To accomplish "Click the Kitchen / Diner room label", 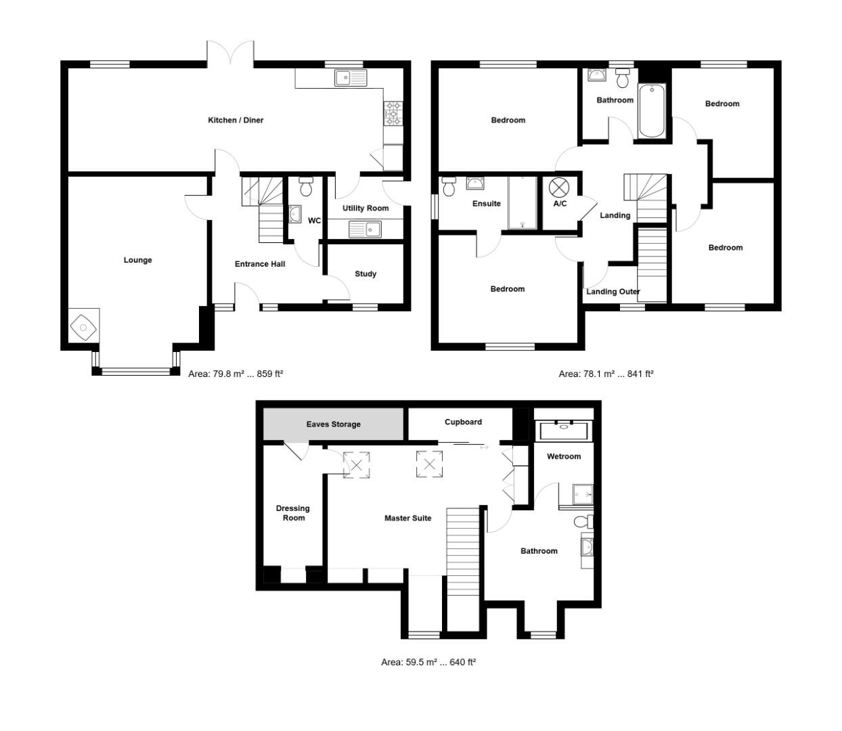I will coord(236,120).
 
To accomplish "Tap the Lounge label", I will coord(137,261).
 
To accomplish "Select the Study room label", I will coord(365,274).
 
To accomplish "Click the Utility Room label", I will coord(365,208).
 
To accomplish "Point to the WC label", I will coord(315,221).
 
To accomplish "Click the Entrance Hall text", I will coord(260,264).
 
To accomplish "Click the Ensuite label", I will coord(487,204).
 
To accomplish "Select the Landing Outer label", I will coord(613,292).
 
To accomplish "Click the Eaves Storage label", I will coord(334,424).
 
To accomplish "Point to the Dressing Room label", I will coord(293,513).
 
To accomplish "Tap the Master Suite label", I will coord(407,518).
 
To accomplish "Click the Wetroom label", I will coord(564,457).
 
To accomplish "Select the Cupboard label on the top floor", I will coord(463,422).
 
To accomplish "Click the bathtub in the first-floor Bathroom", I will coord(652,110).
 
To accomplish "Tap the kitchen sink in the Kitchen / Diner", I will coord(350,78).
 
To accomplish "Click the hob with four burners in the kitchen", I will coord(393,114).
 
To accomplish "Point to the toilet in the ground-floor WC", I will coord(306,186).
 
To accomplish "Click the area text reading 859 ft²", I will coord(270,374).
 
